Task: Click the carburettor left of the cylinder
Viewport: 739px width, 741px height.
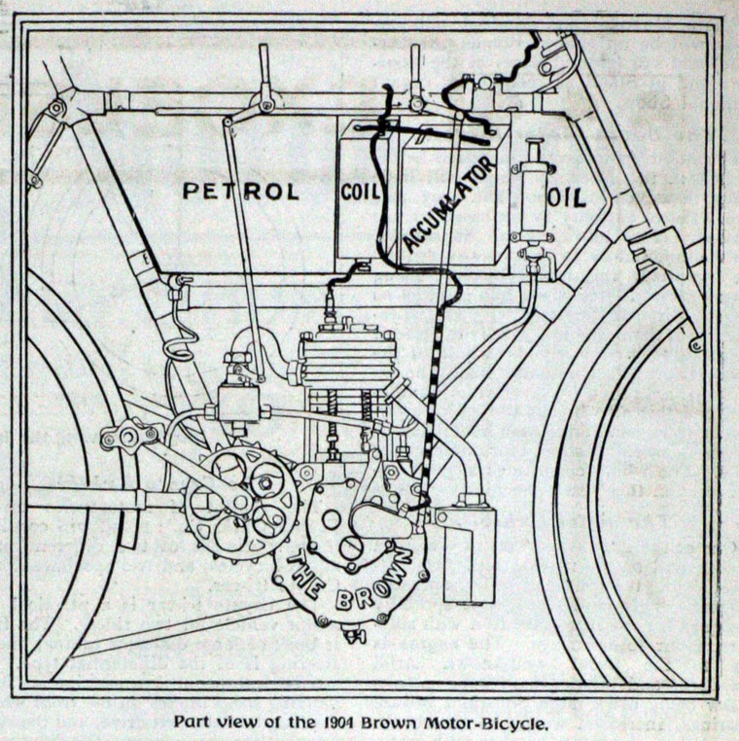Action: [236, 394]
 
